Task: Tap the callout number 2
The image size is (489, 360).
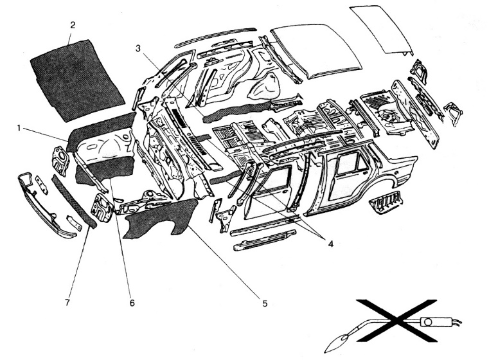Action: point(73,26)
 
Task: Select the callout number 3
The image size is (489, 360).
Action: point(138,48)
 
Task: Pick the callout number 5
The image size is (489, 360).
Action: point(264,303)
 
